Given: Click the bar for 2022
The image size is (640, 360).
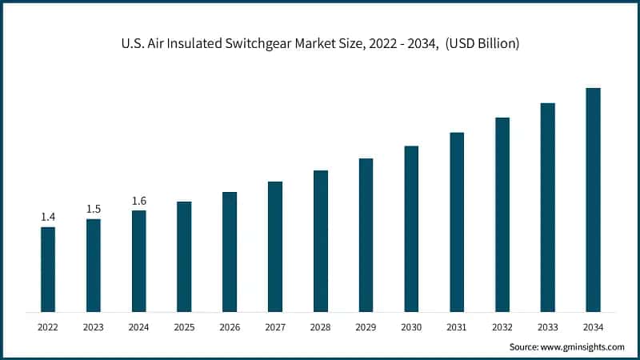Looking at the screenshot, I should tap(48, 269).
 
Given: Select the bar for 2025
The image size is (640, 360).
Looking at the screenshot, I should tap(184, 256).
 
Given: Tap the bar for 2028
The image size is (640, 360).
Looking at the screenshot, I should tap(321, 241).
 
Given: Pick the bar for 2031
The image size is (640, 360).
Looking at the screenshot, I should tap(457, 222).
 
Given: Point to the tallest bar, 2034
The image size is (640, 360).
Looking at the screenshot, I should tap(593, 199).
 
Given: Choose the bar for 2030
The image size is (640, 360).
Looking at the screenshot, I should tap(411, 228).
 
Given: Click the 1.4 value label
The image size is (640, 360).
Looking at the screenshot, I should tap(48, 217).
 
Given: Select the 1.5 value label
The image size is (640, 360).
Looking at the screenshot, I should tap(94, 209).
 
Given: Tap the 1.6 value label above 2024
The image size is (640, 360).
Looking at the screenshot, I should tap(139, 201).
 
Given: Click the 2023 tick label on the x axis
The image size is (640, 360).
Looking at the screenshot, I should tap(94, 326).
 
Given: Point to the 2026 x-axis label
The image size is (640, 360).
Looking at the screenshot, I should tap(230, 326).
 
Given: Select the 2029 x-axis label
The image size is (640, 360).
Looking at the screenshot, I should tap(366, 326).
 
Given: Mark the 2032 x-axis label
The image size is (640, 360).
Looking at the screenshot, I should tap(502, 326).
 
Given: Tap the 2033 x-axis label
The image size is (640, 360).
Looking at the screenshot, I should tap(547, 326).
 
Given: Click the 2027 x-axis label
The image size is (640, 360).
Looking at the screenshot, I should tap(275, 326).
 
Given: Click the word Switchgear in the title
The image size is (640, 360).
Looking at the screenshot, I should tap(262, 43).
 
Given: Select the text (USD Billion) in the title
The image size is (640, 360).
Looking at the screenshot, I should tap(483, 43).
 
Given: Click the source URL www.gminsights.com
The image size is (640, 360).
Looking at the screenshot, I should tap(584, 347).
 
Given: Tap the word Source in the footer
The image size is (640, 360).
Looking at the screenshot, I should tap(524, 347).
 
